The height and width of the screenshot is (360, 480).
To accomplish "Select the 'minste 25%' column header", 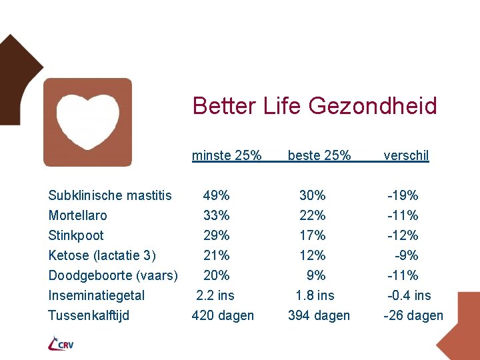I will (227, 156).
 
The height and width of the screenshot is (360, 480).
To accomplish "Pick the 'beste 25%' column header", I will (319, 156).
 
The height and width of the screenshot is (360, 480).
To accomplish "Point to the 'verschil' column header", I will (406, 156).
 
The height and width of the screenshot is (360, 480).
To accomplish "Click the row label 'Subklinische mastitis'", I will (110, 195).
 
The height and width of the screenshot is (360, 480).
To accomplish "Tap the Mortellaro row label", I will (77, 215).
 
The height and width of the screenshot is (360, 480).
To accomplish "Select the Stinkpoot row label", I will (76, 235).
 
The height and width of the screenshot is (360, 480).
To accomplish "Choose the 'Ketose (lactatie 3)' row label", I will (102, 255).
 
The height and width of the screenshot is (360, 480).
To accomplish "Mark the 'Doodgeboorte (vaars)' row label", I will (113, 275).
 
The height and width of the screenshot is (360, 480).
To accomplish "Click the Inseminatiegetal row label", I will (97, 295).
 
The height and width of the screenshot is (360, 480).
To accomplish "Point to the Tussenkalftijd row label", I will (89, 315).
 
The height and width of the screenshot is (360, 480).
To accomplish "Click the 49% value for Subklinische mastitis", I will (217, 195).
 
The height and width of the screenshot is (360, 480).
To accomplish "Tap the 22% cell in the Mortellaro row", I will (313, 215).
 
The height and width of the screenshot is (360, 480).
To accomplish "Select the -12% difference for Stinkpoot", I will (403, 235).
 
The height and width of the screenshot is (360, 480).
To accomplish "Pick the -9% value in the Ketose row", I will (407, 255).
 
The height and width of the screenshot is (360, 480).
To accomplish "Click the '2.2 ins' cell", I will (215, 295).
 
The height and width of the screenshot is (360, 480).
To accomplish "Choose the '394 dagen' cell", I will (319, 315).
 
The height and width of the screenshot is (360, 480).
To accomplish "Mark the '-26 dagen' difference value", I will (413, 315).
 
